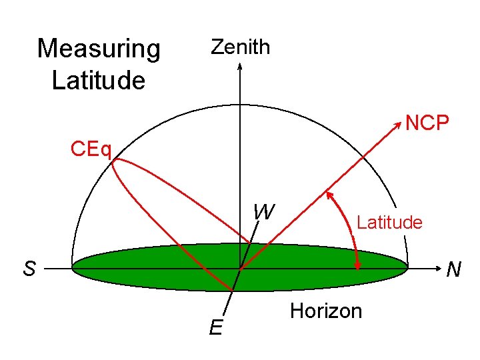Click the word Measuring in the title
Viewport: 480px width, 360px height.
click(x=99, y=49)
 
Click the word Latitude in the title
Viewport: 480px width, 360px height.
click(x=98, y=81)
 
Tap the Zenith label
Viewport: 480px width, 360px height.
click(x=240, y=47)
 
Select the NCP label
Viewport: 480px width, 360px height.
click(x=427, y=123)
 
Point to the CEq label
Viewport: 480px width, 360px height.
click(x=91, y=147)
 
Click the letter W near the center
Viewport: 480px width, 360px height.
click(x=264, y=212)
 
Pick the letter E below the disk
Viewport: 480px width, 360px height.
click(x=215, y=327)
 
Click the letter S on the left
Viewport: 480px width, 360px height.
click(x=29, y=269)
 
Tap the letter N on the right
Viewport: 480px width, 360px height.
click(x=454, y=270)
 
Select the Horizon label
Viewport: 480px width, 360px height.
click(x=326, y=311)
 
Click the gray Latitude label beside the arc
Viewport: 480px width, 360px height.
click(x=389, y=222)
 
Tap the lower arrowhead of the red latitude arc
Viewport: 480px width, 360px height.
click(x=358, y=264)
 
